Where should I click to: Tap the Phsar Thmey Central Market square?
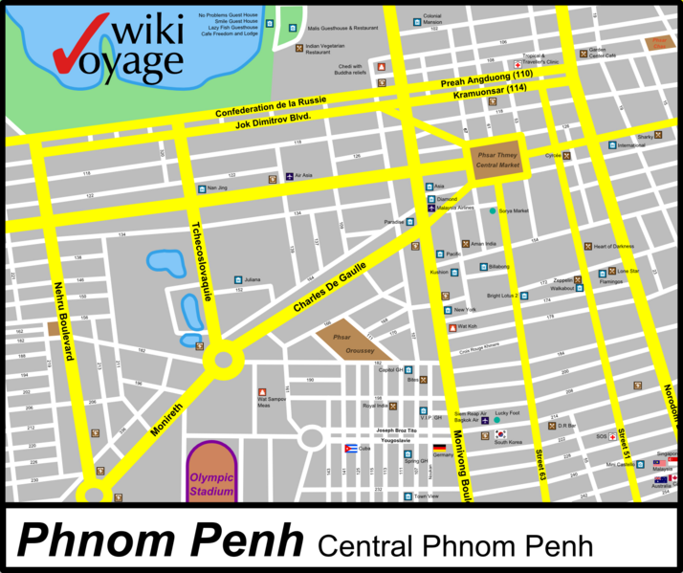pyautogui.click(x=496, y=159)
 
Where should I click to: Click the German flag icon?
pyautogui.click(x=439, y=448)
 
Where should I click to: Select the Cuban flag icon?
pyautogui.click(x=351, y=448)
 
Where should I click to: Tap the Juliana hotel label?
pyautogui.click(x=253, y=279)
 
